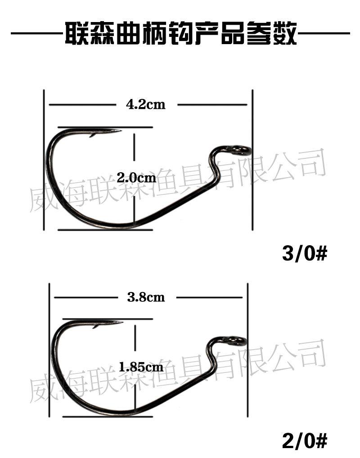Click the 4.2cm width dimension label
[x=145, y=104]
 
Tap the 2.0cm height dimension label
[x=136, y=177]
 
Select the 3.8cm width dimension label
[x=146, y=297]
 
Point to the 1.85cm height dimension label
[x=141, y=367]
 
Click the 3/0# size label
[x=305, y=253]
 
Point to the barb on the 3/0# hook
[x=93, y=135]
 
